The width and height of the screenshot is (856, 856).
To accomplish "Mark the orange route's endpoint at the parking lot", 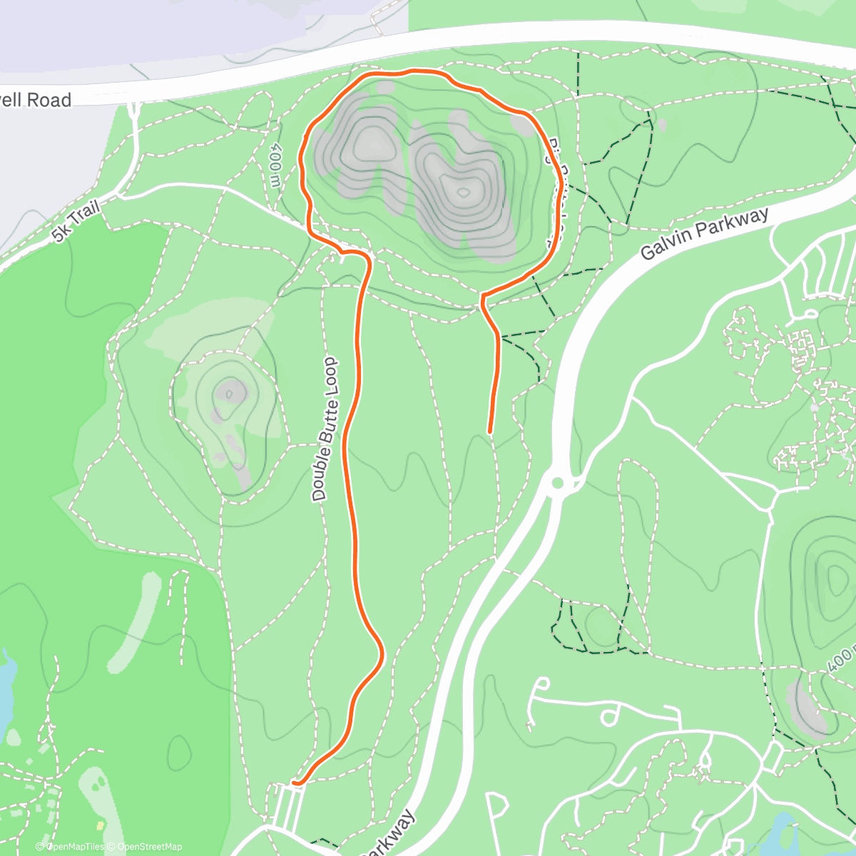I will pyautogui.click(x=295, y=783).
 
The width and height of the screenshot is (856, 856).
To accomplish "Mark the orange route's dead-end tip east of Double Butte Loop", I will pyautogui.click(x=489, y=431).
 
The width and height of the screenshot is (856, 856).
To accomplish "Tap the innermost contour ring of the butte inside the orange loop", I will pyautogui.click(x=463, y=191).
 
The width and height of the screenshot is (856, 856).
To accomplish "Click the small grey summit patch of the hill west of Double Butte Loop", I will pyautogui.click(x=230, y=391).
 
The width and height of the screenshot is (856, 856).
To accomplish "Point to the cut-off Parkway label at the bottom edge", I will pyautogui.click(x=389, y=835).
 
